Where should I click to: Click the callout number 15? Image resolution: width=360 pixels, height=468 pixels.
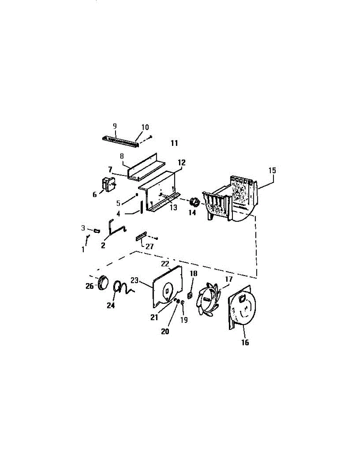click(x=272, y=170)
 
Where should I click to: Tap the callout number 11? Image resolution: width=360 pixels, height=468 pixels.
click(x=174, y=143)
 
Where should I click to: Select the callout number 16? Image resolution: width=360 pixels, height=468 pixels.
click(x=245, y=342)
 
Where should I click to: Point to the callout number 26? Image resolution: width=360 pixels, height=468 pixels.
click(x=89, y=286)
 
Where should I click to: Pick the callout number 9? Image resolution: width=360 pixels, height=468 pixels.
click(x=115, y=126)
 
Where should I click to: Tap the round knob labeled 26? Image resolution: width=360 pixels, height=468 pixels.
click(x=103, y=282)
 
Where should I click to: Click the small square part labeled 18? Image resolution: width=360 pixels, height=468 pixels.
click(x=190, y=295)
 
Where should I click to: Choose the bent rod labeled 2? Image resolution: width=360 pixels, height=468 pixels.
click(x=115, y=228)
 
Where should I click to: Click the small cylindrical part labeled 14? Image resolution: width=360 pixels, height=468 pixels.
click(x=194, y=202)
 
